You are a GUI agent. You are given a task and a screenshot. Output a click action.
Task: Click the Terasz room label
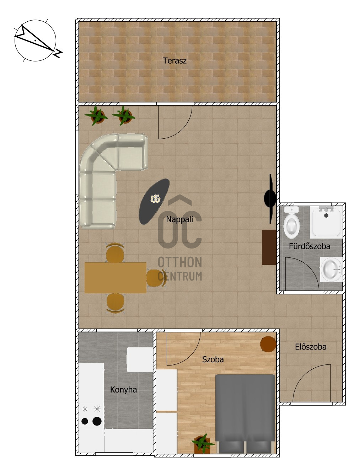click(174, 60)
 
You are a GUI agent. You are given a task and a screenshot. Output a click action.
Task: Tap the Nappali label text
click(179, 220)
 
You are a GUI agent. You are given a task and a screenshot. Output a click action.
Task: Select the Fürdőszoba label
click(310, 246)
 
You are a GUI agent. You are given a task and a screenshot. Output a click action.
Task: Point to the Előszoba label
click(311, 347)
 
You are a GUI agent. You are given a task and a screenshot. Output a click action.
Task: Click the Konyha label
click(123, 390)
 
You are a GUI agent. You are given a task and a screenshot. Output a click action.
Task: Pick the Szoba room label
click(213, 359)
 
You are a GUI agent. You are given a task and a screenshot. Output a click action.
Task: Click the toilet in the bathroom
click(291, 222)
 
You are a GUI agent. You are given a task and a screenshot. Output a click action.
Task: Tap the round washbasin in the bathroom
click(331, 269)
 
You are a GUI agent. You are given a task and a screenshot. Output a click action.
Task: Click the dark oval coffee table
click(154, 201)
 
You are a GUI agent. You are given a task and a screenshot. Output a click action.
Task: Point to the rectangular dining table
click(115, 277)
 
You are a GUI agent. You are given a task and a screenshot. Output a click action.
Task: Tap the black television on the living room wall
click(270, 199)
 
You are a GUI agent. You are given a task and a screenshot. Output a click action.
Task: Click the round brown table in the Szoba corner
click(268, 344)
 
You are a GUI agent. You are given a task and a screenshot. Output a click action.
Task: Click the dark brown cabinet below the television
click(269, 247)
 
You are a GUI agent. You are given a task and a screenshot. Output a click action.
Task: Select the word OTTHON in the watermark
click(180, 262)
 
